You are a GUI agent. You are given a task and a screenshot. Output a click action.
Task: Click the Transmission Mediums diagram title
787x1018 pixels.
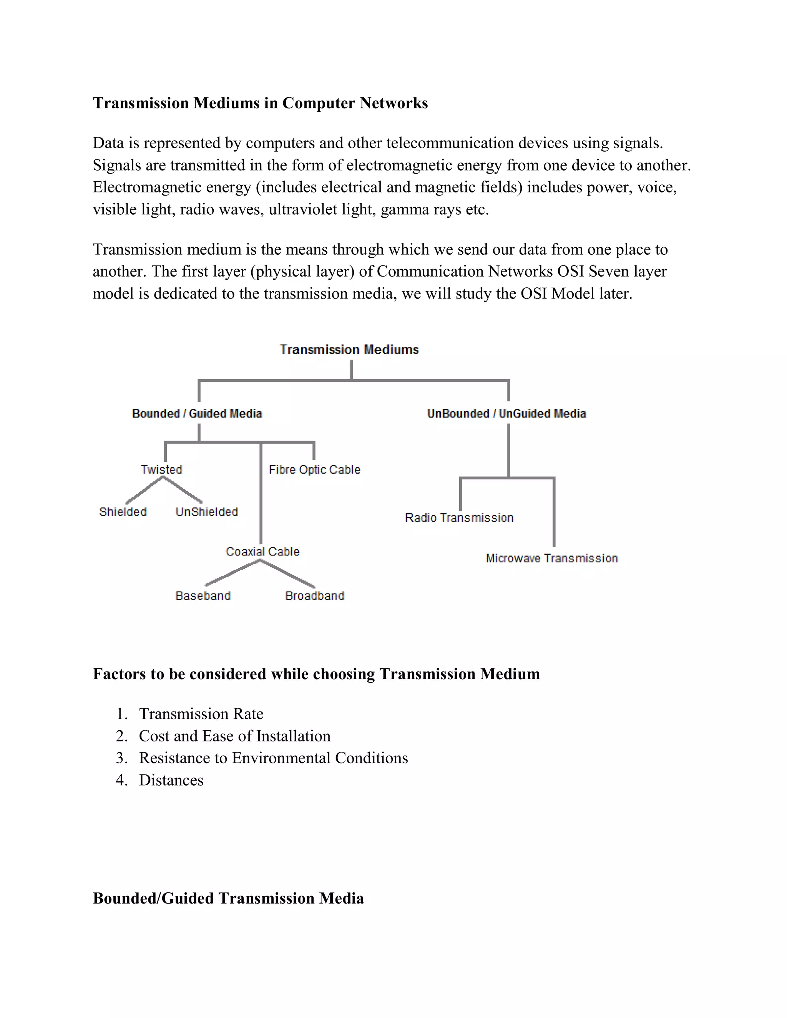coord(349,350)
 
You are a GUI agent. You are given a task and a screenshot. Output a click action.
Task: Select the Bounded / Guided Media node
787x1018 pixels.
coord(197,413)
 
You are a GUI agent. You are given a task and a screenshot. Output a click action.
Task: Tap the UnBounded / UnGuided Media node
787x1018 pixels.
coord(506,413)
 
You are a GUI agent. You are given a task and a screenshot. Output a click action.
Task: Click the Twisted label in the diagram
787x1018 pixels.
coord(161,469)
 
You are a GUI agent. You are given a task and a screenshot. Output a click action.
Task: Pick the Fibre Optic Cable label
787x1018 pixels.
coord(314,469)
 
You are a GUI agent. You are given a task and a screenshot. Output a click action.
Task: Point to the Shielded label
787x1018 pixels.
coord(123,512)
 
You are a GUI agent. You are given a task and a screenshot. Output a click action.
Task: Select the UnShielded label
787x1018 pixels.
coord(206,512)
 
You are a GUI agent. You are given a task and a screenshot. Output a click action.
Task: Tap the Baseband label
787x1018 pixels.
coord(203,596)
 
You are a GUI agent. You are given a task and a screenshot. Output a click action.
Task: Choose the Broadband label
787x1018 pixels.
coord(315,596)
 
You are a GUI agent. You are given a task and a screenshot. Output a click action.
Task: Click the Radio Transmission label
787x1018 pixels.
coord(459,518)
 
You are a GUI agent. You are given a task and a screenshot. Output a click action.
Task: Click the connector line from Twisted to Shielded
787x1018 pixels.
coord(144,490)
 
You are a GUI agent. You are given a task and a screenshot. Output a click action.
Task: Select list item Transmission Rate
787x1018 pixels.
coord(201,714)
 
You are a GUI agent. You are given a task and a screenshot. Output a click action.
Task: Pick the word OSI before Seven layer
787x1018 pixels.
coord(571,271)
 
